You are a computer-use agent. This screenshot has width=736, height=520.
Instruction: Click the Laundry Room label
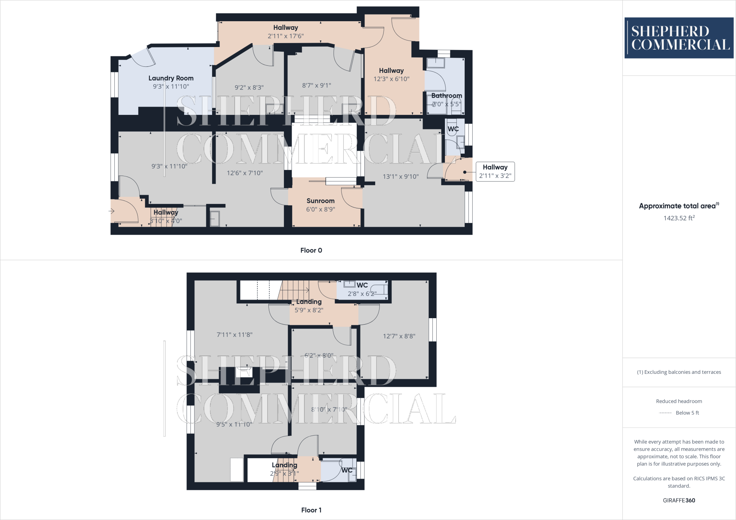pos(171,78)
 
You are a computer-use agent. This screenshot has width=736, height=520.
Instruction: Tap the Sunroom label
pos(320,201)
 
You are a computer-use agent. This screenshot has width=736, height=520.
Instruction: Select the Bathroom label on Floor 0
pos(447,96)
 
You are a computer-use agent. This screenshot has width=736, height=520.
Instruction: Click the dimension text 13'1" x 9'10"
pos(401,176)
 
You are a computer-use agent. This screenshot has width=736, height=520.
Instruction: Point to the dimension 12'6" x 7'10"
pos(245,173)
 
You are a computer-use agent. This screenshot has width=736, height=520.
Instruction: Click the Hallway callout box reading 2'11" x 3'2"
pos(495,172)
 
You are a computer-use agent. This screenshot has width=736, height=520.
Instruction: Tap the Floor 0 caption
pos(311,250)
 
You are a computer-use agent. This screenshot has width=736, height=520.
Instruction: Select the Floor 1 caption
pos(311,510)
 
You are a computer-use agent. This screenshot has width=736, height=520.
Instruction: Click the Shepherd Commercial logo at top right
pos(679,38)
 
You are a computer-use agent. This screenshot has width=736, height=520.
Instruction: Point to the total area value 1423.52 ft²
pos(679,218)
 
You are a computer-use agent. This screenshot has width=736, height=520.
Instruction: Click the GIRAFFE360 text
pos(679,500)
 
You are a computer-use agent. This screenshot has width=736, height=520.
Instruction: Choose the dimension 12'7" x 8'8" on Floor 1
pos(399,336)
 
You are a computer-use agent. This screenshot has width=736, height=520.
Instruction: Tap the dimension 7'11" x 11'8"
pos(234,335)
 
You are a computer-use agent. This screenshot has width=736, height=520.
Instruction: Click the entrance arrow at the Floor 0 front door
pos(112,211)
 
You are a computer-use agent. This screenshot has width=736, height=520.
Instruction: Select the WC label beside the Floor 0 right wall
pos(453,129)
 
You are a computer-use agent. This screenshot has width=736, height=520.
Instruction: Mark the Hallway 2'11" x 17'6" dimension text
pos(286,36)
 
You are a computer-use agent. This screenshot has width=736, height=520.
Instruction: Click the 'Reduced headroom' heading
pos(679,401)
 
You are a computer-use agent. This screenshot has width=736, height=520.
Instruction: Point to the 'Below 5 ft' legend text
pos(687,413)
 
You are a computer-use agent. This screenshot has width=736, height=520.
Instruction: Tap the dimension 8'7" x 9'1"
pos(317,85)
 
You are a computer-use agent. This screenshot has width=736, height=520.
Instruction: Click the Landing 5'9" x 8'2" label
pos(309,302)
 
